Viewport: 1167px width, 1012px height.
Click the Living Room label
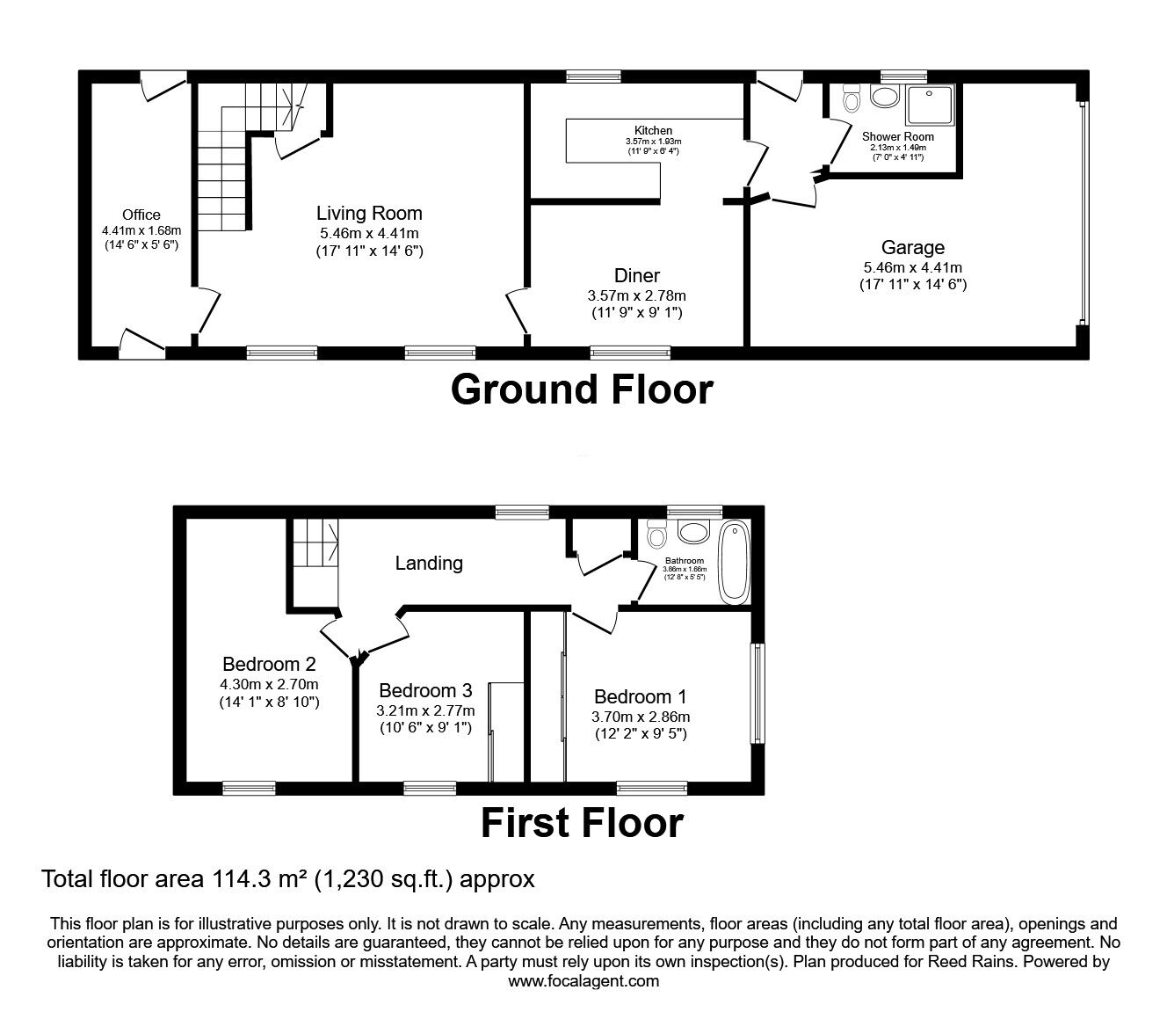click(x=369, y=214)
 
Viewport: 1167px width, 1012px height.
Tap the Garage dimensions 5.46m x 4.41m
click(x=913, y=267)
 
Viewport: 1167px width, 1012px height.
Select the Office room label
click(x=141, y=215)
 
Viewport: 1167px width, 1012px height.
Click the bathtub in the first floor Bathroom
click(x=733, y=562)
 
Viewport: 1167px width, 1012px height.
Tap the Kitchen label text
click(x=653, y=130)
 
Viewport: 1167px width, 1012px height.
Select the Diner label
click(x=636, y=276)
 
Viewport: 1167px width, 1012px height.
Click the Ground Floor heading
click(x=582, y=390)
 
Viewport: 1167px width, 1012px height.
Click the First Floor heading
click(x=582, y=824)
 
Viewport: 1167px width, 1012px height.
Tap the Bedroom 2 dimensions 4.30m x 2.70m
click(x=269, y=684)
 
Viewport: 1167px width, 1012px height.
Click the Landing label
click(x=429, y=563)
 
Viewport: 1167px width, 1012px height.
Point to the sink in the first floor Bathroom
click(x=694, y=532)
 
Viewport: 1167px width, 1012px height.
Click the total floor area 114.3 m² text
click(x=288, y=878)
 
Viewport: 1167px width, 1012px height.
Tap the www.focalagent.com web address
click(x=583, y=981)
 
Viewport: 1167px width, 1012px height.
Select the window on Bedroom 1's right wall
click(x=755, y=694)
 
